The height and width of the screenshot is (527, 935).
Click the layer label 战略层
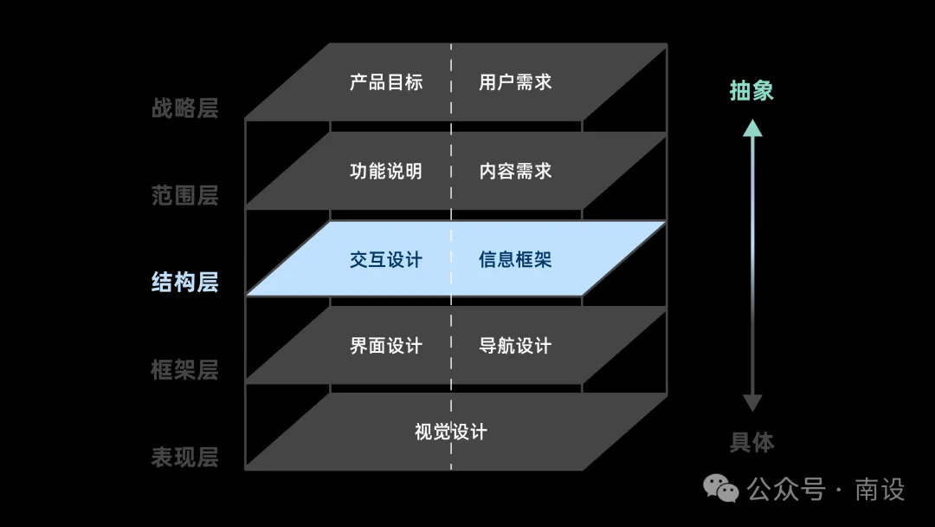pyautogui.click(x=185, y=108)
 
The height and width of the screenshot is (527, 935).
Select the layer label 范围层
pyautogui.click(x=185, y=195)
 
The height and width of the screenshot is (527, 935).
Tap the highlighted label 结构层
pyautogui.click(x=185, y=283)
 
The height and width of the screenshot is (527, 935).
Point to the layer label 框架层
pyautogui.click(x=185, y=369)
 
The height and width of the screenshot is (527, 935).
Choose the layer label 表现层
pyautogui.click(x=185, y=457)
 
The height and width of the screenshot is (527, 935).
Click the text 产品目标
pyautogui.click(x=386, y=82)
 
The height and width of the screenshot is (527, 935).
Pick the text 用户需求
pyautogui.click(x=515, y=82)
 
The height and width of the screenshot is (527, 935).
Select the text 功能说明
pyautogui.click(x=386, y=172)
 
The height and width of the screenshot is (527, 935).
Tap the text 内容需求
pyautogui.click(x=515, y=172)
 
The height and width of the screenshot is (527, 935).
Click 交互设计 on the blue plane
pyautogui.click(x=386, y=260)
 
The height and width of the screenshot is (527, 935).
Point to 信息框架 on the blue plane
pyautogui.click(x=515, y=260)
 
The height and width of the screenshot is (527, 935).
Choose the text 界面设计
pyautogui.click(x=386, y=346)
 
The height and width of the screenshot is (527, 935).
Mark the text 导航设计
pyautogui.click(x=515, y=346)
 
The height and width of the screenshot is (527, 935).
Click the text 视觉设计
pyautogui.click(x=451, y=432)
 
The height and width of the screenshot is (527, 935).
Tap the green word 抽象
pyautogui.click(x=752, y=91)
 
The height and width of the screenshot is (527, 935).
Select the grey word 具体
pyautogui.click(x=752, y=442)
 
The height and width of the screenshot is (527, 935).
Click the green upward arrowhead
pyautogui.click(x=752, y=127)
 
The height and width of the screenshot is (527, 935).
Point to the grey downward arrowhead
pyautogui.click(x=752, y=403)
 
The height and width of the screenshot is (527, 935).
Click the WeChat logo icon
pyautogui.click(x=721, y=489)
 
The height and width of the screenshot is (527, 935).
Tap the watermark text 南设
pyautogui.click(x=880, y=490)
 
